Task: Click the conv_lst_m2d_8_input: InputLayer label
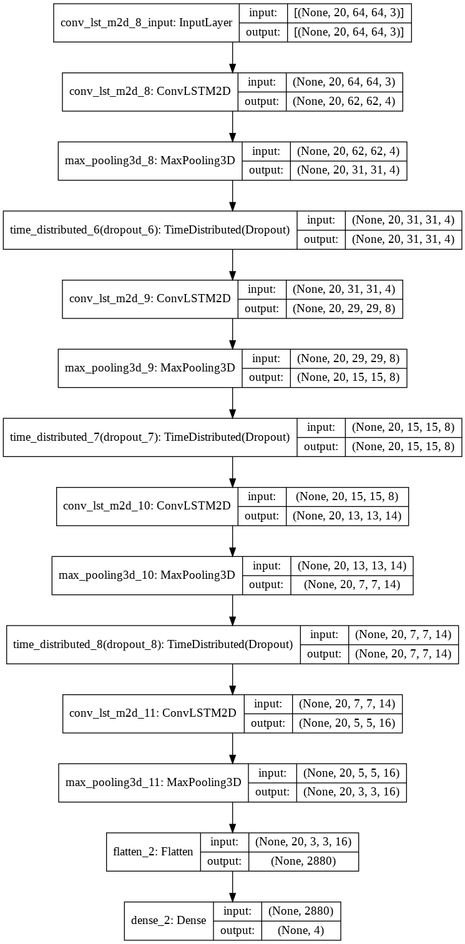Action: pos(147,23)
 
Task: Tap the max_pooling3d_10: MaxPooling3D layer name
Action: pos(147,574)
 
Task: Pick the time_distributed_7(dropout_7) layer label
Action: pos(150,437)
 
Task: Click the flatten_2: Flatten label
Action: pos(154,851)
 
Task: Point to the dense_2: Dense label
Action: pos(169,921)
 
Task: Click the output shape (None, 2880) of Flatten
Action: pos(303,861)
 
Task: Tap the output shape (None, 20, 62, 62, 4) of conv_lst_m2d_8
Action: pos(343,102)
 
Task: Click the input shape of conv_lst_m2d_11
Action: pos(347,704)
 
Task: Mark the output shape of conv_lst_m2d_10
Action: pos(347,516)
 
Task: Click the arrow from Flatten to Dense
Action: pos(233,886)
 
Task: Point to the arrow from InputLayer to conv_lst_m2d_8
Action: pos(233,57)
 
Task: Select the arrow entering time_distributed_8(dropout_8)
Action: pos(233,609)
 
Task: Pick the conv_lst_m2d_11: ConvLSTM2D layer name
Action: pos(154,714)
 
